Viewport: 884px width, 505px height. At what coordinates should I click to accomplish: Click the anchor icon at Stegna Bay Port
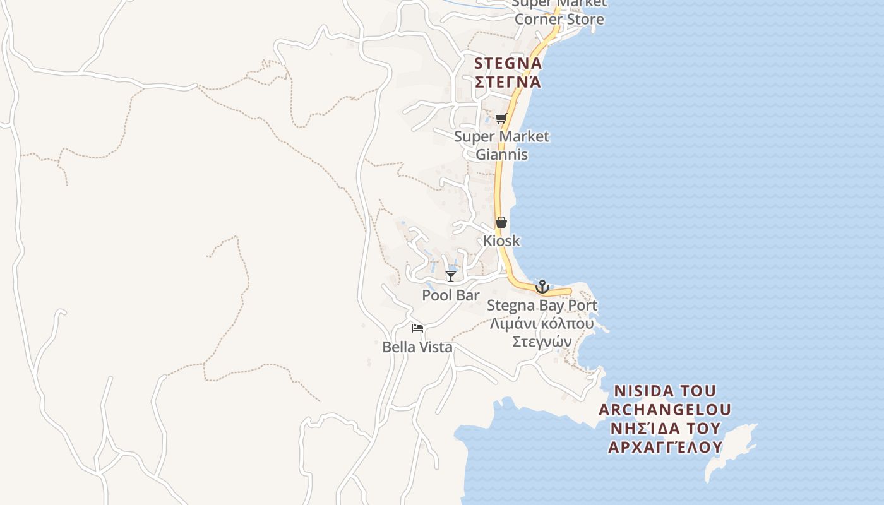click(x=542, y=287)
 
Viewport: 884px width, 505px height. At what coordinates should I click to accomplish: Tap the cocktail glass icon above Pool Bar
click(x=450, y=276)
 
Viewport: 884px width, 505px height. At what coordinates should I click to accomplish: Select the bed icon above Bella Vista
click(x=417, y=328)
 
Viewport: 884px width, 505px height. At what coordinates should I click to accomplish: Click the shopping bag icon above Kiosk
click(x=501, y=222)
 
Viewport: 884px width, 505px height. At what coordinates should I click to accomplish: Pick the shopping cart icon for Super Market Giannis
click(x=501, y=118)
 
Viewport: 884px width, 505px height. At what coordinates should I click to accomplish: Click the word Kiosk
click(x=501, y=241)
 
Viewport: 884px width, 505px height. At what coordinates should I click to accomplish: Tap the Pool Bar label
click(x=450, y=295)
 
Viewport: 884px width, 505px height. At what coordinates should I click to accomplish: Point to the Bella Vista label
click(x=417, y=347)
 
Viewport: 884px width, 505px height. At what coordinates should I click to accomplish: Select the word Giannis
click(x=501, y=155)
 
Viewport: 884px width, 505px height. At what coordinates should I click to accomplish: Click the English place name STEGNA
click(x=508, y=64)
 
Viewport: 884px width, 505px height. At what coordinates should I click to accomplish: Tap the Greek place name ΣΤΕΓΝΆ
click(x=508, y=82)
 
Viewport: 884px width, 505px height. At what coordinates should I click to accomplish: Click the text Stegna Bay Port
click(x=542, y=306)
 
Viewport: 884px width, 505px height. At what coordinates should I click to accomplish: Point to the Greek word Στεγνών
click(x=542, y=342)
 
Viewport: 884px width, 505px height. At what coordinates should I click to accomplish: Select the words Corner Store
click(x=559, y=19)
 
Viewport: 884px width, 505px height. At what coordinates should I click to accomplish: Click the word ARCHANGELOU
click(x=665, y=410)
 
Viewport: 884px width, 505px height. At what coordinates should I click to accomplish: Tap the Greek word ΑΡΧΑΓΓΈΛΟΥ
click(x=665, y=448)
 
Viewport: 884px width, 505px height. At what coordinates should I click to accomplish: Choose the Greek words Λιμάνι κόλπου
click(x=542, y=324)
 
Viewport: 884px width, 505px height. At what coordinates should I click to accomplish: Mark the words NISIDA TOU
click(x=665, y=391)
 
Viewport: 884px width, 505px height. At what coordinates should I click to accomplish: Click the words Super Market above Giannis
click(x=501, y=136)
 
